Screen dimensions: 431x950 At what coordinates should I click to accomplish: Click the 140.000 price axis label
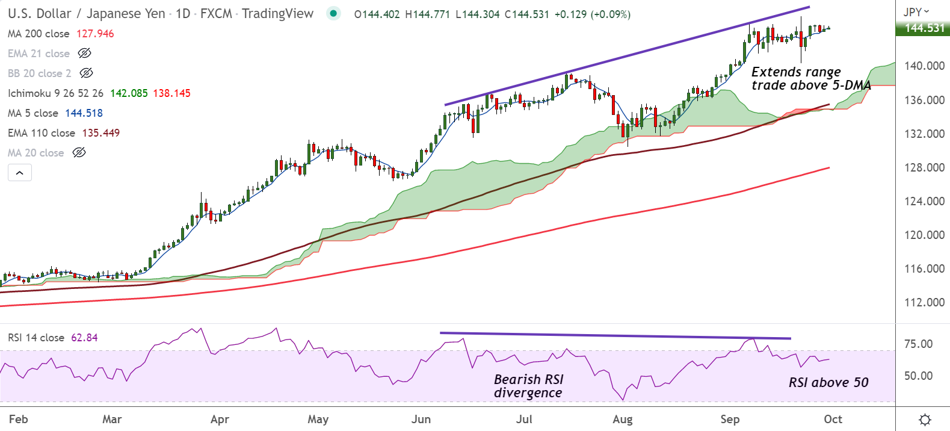(924, 66)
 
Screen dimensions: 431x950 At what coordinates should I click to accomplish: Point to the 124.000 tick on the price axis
(924, 201)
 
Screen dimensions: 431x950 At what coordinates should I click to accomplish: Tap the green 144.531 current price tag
(924, 28)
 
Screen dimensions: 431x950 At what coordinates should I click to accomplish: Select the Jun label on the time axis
(421, 419)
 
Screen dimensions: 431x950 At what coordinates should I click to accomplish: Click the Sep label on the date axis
(730, 419)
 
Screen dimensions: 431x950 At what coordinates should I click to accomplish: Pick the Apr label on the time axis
(220, 419)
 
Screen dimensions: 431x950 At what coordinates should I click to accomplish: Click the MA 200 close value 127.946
(95, 34)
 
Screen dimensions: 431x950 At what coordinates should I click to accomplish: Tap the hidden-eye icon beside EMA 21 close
(85, 54)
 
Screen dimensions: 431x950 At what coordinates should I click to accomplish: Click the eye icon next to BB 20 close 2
(86, 73)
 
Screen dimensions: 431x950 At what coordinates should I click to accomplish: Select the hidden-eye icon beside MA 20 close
(79, 153)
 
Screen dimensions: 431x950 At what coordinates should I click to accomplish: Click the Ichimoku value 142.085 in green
(129, 93)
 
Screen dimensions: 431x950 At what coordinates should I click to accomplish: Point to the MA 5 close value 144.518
(84, 113)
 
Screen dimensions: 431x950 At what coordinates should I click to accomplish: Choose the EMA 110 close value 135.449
(101, 133)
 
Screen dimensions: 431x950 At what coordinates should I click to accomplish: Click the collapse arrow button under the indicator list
(20, 173)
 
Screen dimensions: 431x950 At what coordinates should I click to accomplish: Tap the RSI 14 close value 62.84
(84, 338)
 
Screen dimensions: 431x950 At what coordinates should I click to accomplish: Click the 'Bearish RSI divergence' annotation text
(528, 386)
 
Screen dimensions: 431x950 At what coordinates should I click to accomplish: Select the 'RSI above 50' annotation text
(828, 382)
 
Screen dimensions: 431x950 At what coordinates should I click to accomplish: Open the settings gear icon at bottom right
(925, 419)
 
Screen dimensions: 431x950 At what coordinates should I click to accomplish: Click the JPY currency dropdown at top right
(916, 11)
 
